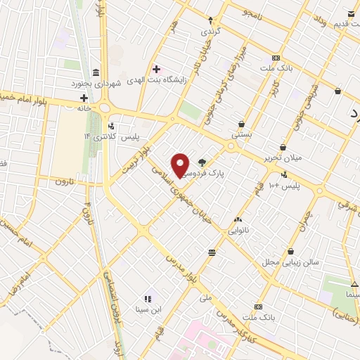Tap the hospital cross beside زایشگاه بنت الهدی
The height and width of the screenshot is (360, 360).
(x=156, y=69)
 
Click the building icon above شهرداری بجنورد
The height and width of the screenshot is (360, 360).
(x=95, y=72)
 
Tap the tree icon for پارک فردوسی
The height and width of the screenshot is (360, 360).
(x=202, y=161)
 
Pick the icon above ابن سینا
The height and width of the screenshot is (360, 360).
(x=148, y=299)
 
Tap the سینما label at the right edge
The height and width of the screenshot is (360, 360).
(x=349, y=294)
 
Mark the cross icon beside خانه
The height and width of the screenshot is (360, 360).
(x=84, y=97)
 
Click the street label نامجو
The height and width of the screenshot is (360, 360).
(x=250, y=12)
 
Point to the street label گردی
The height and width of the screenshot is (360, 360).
(x=211, y=31)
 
